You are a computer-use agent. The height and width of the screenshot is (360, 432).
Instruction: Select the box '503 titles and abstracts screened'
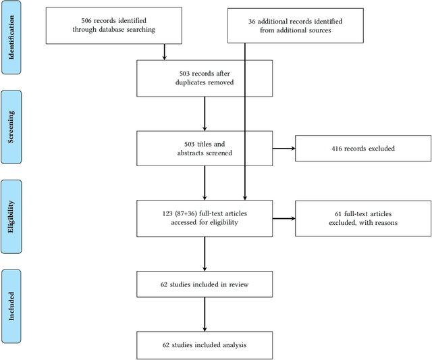204,147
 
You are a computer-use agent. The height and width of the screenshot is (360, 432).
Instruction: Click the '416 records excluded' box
362,147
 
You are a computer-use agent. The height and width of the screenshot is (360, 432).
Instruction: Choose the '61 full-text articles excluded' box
362,217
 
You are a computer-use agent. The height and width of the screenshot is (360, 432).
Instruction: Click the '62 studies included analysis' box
204,345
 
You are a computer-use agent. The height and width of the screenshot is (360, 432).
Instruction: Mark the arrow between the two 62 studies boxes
204,314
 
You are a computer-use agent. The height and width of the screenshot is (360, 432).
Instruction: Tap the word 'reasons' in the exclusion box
382,222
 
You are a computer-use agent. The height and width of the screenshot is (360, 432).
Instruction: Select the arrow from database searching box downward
164,51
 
